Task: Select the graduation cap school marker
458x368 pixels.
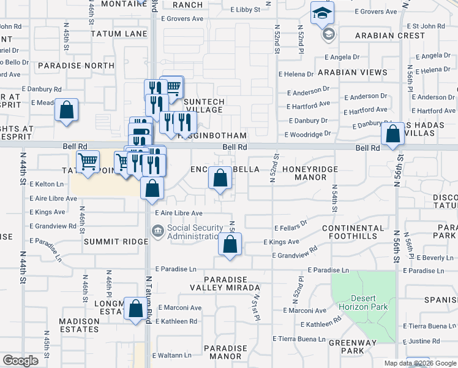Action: pyautogui.click(x=321, y=13)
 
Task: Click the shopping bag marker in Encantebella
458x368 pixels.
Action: pyautogui.click(x=220, y=178)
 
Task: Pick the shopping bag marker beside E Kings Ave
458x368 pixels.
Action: pyautogui.click(x=230, y=244)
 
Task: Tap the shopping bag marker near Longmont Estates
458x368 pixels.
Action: pyautogui.click(x=135, y=309)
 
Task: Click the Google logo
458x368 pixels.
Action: pyautogui.click(x=20, y=360)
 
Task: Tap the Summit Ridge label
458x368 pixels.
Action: pyautogui.click(x=116, y=242)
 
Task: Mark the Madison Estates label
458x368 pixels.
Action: pyautogui.click(x=80, y=325)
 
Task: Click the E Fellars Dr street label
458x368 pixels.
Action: pyautogui.click(x=290, y=228)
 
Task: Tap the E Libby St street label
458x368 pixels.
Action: pyautogui.click(x=245, y=10)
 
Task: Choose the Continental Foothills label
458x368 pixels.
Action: pyautogui.click(x=353, y=232)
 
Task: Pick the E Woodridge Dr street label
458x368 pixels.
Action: pyautogui.click(x=307, y=133)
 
